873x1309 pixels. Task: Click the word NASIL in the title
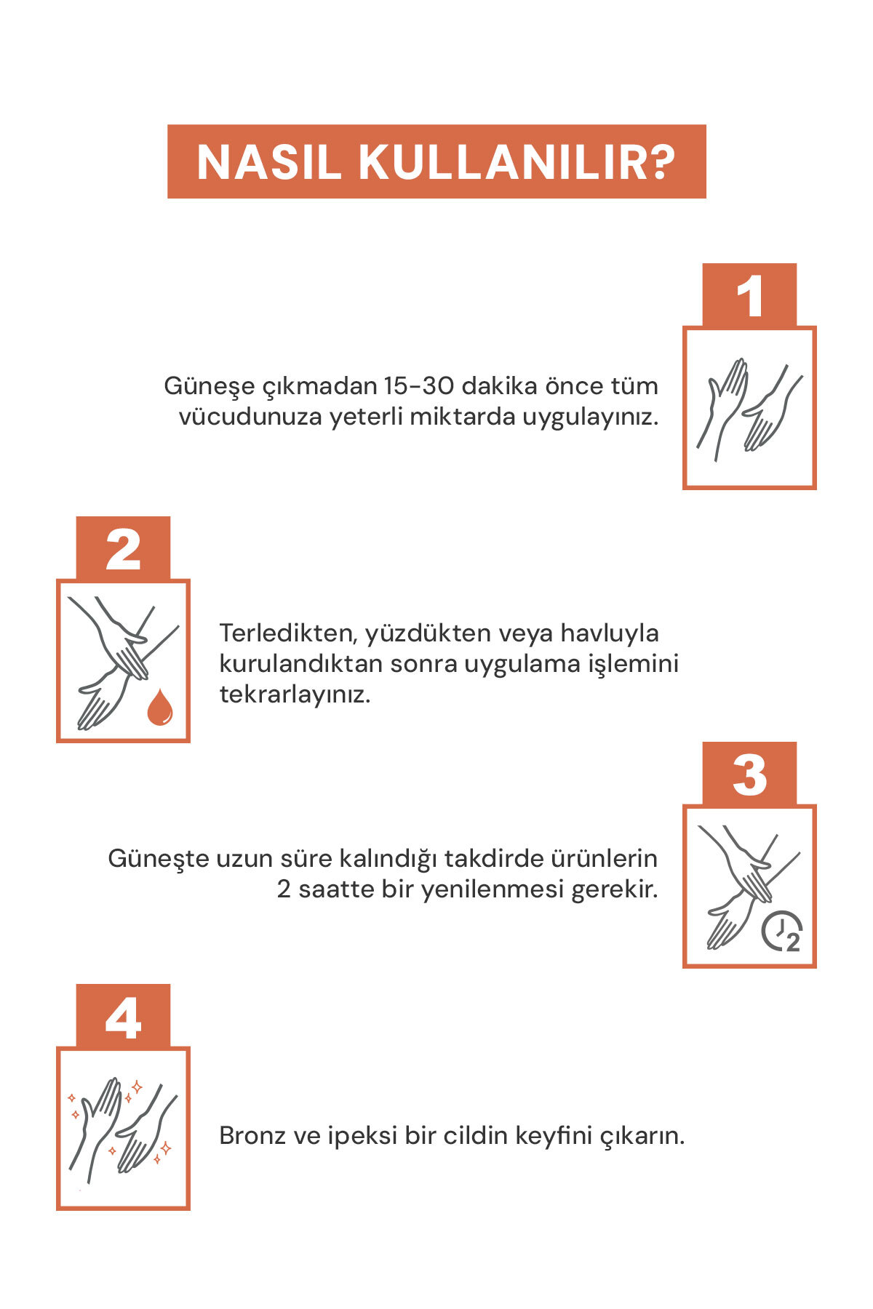coord(269,161)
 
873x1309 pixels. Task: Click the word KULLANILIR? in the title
coord(517,161)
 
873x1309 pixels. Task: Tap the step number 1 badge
coord(749,295)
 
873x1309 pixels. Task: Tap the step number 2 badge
coord(123,548)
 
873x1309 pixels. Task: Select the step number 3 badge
coord(749,774)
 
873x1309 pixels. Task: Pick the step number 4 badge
coord(123,1016)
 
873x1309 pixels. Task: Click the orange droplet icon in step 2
coord(160,708)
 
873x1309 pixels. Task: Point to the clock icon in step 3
coord(782,931)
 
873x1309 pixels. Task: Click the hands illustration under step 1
coord(749,409)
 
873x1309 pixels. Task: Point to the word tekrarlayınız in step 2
coord(295,694)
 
